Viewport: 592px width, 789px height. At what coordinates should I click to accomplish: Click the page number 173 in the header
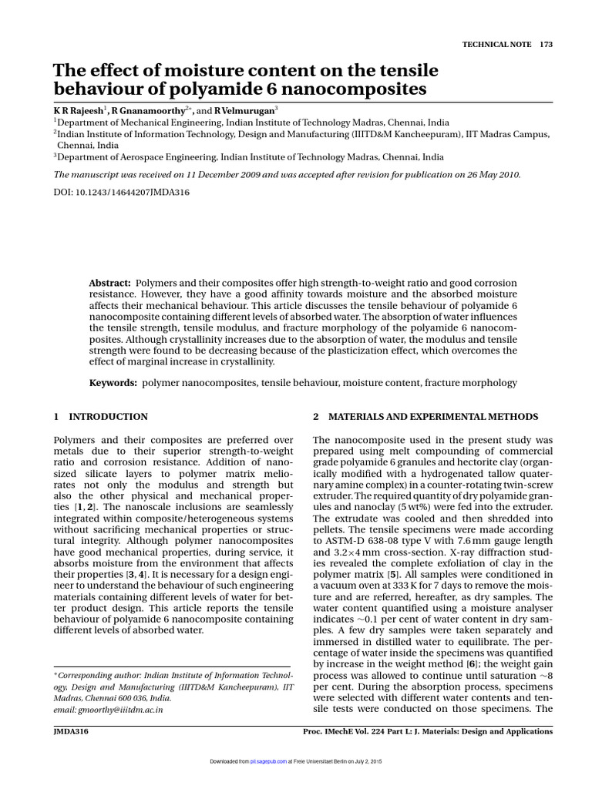tap(547, 45)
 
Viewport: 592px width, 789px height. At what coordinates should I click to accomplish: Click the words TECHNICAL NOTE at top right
tap(496, 45)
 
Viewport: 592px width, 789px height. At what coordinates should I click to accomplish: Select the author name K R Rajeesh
tap(77, 111)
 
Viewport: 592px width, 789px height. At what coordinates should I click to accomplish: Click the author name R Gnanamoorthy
tap(146, 111)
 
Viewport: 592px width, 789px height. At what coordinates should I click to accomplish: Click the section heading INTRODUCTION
tap(108, 417)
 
